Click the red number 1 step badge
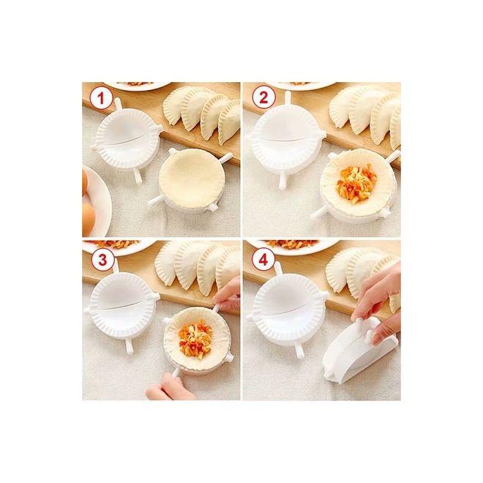[x=101, y=100]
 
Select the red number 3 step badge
[x=102, y=260]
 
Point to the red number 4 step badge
[x=263, y=260]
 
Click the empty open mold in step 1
[x=127, y=139]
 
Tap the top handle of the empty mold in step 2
[x=288, y=98]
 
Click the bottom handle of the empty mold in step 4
[x=299, y=351]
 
